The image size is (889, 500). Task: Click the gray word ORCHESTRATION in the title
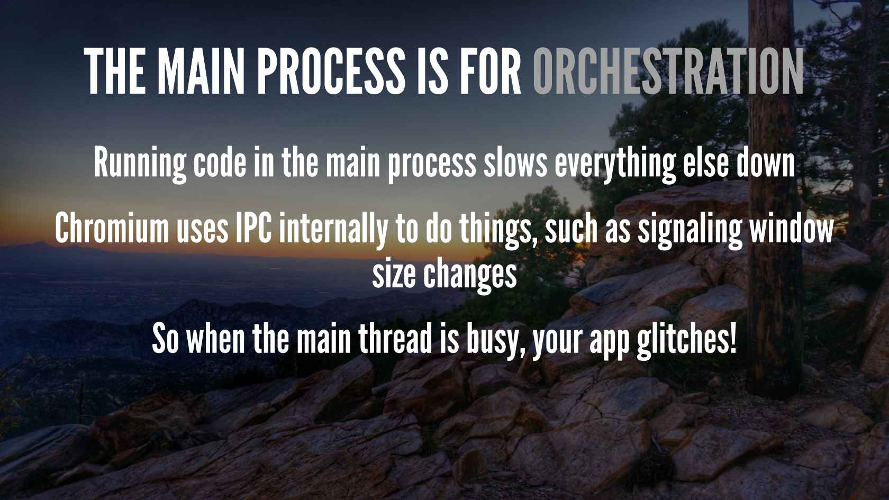tap(668, 71)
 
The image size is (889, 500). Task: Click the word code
tap(220, 162)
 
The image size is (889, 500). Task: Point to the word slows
tap(515, 162)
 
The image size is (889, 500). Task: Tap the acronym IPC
tap(253, 229)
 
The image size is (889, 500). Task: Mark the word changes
tap(470, 276)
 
